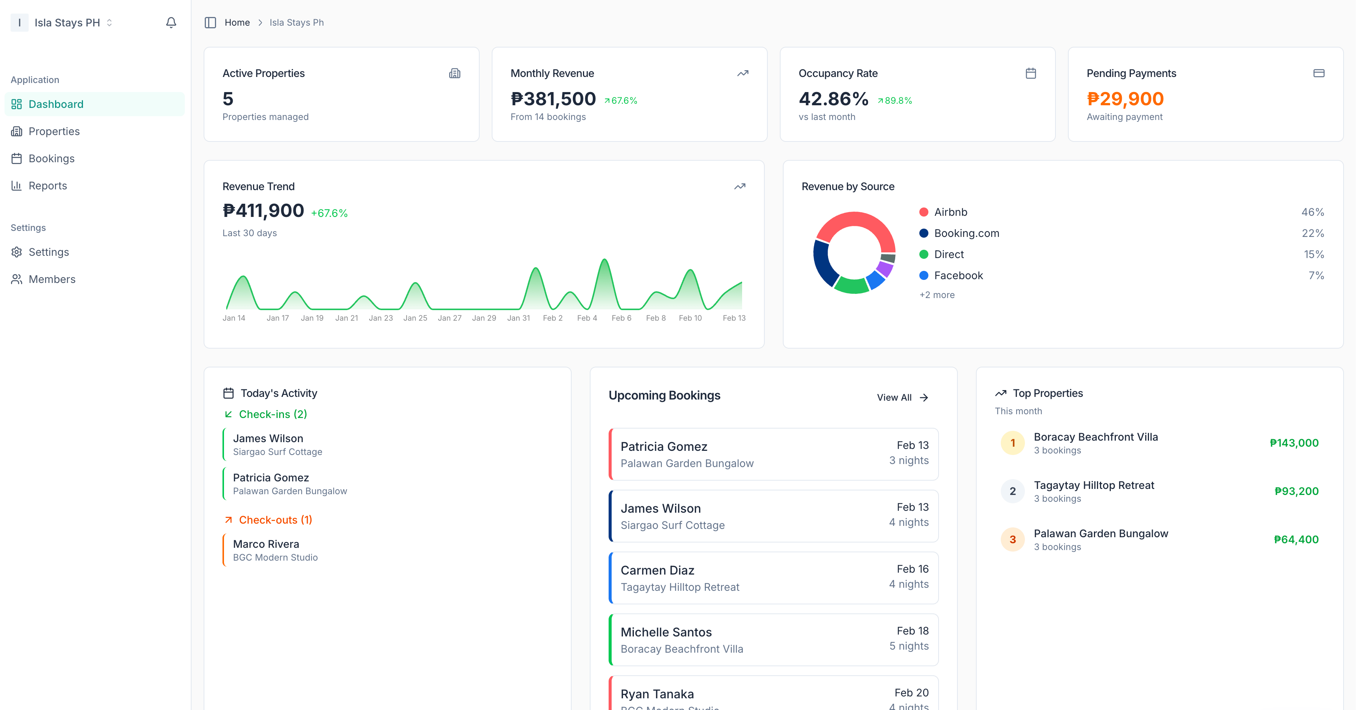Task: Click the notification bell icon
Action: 171,23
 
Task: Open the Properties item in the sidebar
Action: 54,131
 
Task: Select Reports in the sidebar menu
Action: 48,185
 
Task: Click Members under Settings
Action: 52,279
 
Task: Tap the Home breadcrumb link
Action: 237,23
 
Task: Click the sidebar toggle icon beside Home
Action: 210,23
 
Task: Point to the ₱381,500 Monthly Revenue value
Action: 553,99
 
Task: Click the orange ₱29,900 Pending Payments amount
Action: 1125,99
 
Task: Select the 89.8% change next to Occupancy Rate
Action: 895,101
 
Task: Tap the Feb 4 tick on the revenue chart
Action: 587,318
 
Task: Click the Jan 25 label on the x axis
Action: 415,318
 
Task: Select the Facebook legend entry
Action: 958,275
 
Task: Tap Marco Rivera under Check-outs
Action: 266,544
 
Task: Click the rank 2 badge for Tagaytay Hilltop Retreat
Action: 1012,492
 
